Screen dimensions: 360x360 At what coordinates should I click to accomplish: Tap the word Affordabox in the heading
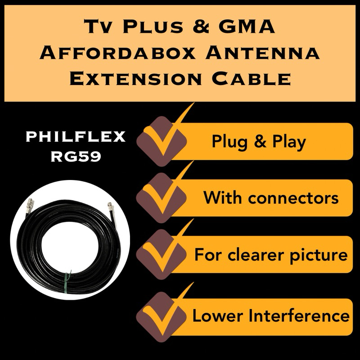coord(118,54)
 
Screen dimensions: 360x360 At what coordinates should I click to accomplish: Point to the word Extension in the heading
coord(135,79)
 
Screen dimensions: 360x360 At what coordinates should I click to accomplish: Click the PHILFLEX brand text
coord(76,137)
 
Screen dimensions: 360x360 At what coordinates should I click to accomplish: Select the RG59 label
coord(76,156)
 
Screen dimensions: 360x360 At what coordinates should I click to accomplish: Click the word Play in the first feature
coord(288,142)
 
